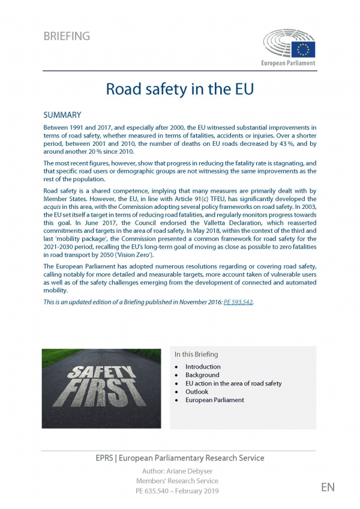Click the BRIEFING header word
coord(67,36)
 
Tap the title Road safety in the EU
coord(180,89)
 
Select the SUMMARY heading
coord(62,115)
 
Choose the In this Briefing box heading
coord(196,354)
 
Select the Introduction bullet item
coord(203,367)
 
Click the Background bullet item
coord(202,375)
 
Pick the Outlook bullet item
coord(197,392)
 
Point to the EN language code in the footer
coord(327,487)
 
